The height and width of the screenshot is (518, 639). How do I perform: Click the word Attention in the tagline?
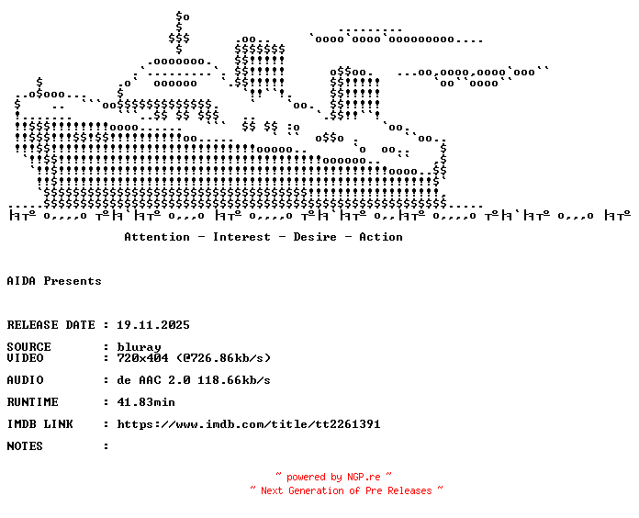coord(157,237)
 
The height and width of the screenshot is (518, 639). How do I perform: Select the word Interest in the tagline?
coord(241,237)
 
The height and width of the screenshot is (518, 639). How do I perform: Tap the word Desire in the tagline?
coord(315,237)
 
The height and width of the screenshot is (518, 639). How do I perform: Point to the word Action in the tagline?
coord(381,237)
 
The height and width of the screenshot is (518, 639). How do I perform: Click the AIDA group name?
coord(21,281)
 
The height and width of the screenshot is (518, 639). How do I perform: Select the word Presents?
coord(73,281)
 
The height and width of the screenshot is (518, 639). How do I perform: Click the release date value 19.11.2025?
coord(153,325)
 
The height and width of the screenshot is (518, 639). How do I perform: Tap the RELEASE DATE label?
coord(50,325)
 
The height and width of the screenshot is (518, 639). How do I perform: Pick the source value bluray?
coord(139,347)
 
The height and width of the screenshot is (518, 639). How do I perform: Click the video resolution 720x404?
coord(142,358)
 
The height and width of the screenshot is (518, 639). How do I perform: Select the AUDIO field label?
coord(26,380)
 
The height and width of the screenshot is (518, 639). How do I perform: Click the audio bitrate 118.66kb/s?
coord(234,380)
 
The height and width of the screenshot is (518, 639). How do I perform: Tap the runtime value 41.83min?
coord(146,402)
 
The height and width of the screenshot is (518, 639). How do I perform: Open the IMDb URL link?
coord(249,423)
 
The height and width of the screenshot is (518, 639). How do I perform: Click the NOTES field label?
coord(25,445)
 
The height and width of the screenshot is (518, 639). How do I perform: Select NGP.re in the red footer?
coord(364,477)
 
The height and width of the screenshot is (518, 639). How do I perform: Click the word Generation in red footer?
coord(316,490)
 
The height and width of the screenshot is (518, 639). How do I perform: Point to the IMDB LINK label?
coord(40,423)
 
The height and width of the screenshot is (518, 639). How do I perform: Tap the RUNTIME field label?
coord(33,402)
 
